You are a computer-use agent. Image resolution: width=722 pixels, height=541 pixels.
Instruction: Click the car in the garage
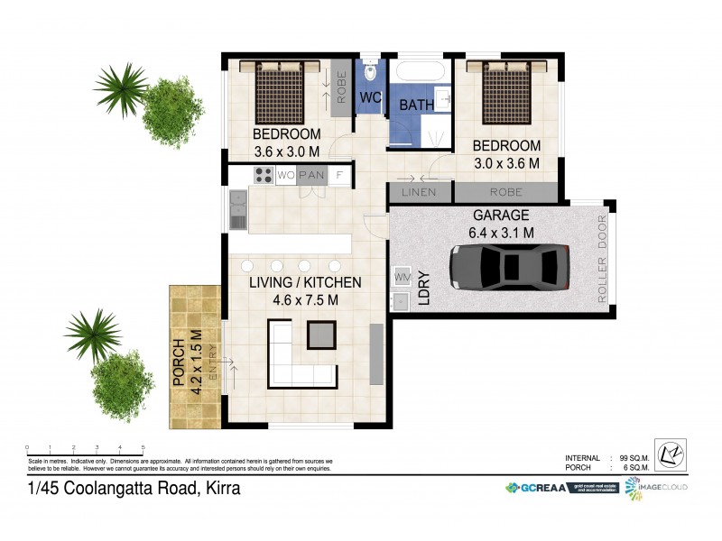pos(509,268)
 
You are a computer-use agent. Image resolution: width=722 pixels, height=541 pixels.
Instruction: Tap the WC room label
pos(370,96)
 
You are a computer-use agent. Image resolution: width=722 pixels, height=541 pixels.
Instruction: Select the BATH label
pos(416,105)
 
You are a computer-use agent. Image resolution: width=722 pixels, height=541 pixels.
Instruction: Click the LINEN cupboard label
pos(419,192)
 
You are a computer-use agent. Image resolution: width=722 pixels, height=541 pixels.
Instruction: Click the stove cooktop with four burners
pos(264,175)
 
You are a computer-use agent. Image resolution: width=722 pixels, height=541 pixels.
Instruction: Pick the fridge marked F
pos(339,175)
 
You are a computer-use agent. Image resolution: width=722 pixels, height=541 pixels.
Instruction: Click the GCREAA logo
pos(537,488)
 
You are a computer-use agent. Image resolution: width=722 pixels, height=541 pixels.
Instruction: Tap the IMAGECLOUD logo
pos(657,487)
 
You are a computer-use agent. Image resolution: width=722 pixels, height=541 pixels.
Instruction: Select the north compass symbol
pos(671,454)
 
